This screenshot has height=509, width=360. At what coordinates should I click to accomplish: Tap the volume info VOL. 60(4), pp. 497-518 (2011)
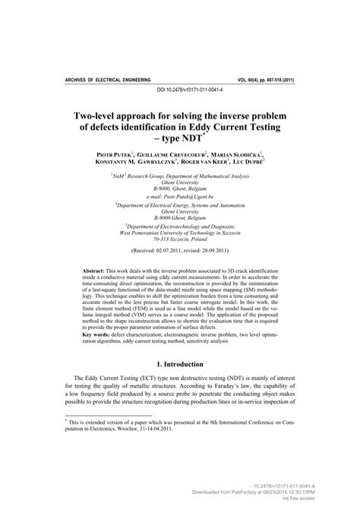[x=275, y=79]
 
